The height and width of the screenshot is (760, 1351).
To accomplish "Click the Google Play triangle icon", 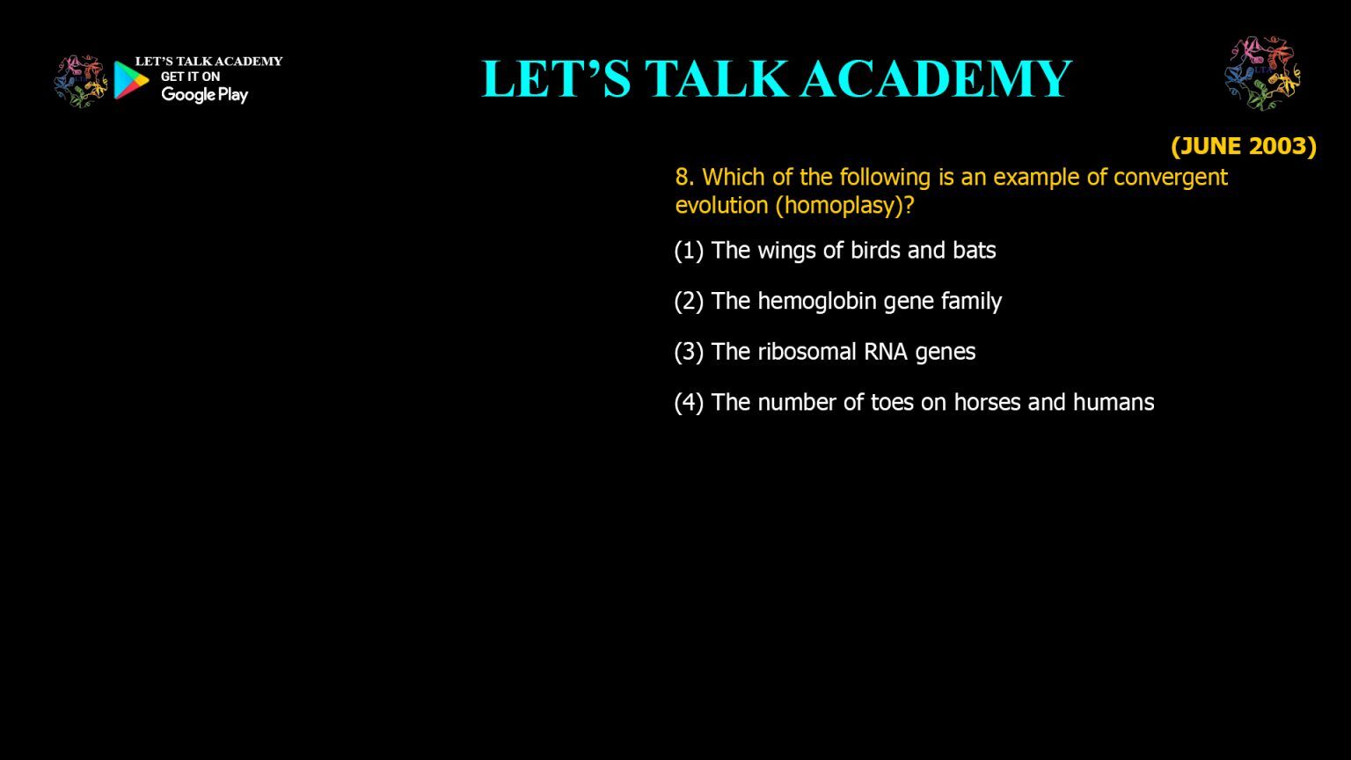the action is point(131,80).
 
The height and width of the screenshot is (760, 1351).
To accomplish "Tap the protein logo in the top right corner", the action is point(1262,73).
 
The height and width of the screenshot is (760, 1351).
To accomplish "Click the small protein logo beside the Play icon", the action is point(81,81).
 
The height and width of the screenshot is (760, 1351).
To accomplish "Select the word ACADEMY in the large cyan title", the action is point(937,78).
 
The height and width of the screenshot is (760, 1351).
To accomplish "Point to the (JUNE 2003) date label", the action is point(1244,146).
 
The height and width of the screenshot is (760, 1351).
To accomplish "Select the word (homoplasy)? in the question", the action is point(845,206).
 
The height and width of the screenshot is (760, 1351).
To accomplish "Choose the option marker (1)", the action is point(689,251).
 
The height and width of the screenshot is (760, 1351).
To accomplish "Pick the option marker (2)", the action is point(689,302).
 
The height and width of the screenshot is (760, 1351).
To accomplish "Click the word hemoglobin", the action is point(816,301).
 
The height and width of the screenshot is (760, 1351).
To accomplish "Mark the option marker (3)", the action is point(689,352).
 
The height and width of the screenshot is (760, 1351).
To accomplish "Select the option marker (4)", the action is point(689,403).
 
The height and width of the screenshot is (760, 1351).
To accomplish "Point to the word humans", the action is point(1114,402).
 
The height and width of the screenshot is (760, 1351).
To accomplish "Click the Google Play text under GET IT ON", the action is point(204,95).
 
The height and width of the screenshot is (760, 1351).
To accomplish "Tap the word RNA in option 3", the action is point(886,352).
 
